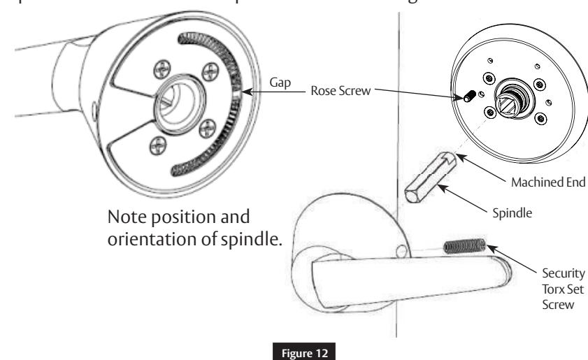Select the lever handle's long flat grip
pos(392,273)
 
